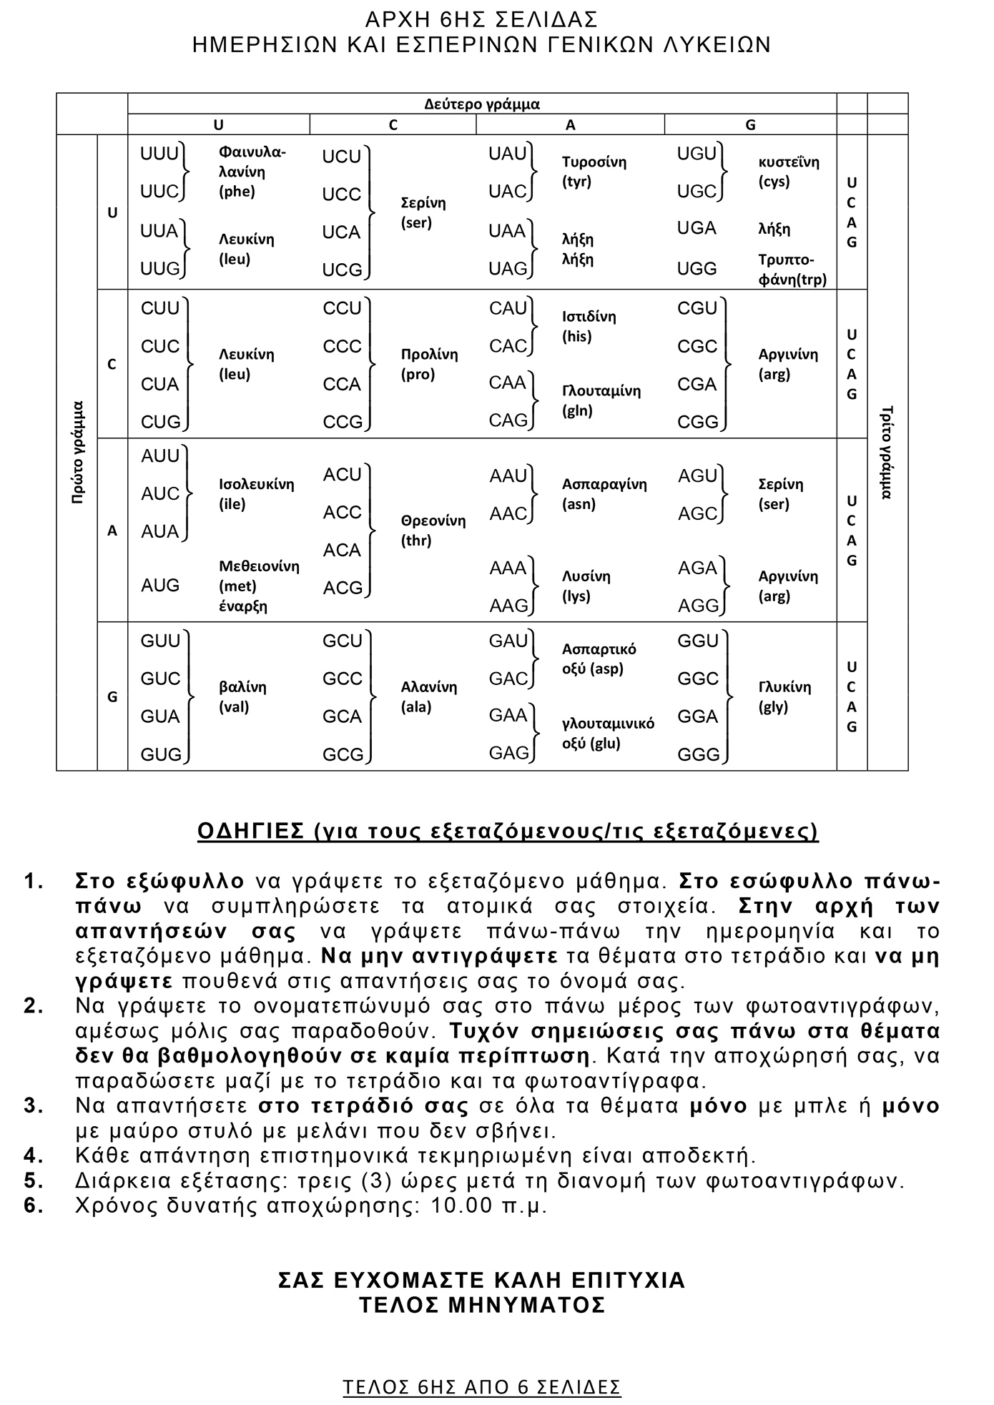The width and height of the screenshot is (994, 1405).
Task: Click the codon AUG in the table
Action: [160, 586]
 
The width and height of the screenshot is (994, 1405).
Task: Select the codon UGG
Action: [697, 269]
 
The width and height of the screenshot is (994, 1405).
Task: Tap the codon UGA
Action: [697, 228]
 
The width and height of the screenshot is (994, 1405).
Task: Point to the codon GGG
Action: [698, 754]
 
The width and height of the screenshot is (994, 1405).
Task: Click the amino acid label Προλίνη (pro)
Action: [429, 365]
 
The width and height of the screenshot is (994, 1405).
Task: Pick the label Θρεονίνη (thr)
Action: [433, 531]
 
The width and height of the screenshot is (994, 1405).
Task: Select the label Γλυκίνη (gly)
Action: [784, 697]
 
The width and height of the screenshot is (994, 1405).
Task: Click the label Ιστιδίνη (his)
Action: [589, 326]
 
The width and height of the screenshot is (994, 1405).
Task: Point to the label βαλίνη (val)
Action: [242, 697]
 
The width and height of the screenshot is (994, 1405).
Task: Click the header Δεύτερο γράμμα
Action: [481, 104]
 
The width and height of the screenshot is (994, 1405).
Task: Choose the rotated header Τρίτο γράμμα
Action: [887, 452]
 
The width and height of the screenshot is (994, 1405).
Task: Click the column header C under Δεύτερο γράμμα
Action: [393, 125]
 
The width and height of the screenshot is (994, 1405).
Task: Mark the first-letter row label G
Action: [112, 697]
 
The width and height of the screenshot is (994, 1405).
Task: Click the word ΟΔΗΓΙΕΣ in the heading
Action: [251, 832]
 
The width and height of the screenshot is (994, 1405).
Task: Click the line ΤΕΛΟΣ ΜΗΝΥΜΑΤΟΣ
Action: [482, 1305]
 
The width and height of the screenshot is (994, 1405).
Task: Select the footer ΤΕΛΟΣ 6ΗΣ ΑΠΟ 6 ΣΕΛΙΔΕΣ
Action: [482, 1387]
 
